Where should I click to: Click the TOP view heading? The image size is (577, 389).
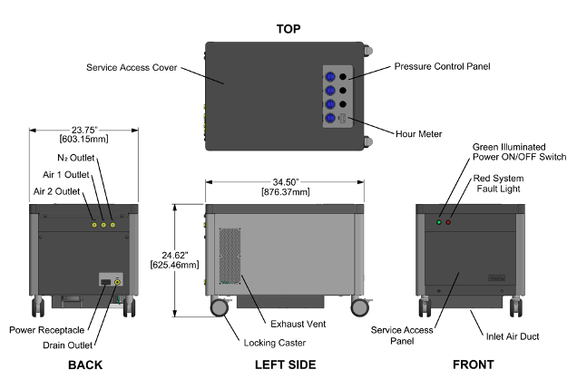pyautogui.click(x=288, y=29)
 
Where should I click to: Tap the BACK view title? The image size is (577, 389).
pyautogui.click(x=83, y=365)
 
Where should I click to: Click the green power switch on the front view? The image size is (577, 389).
pyautogui.click(x=439, y=222)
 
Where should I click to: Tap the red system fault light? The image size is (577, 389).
pyautogui.click(x=448, y=222)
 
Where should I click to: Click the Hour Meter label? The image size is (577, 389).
pyautogui.click(x=419, y=134)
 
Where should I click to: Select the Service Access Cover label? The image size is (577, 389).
pyautogui.click(x=131, y=67)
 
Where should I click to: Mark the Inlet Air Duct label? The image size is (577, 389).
pyautogui.click(x=513, y=336)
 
